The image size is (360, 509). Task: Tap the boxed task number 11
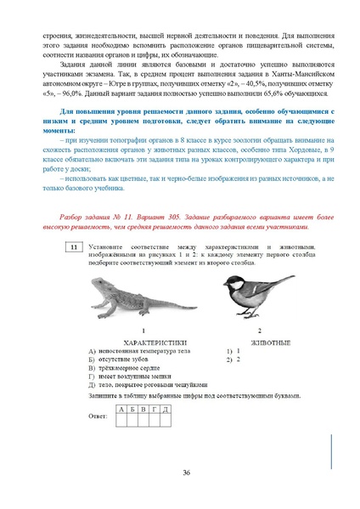point(75,246)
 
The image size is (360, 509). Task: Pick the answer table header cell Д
point(166,409)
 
